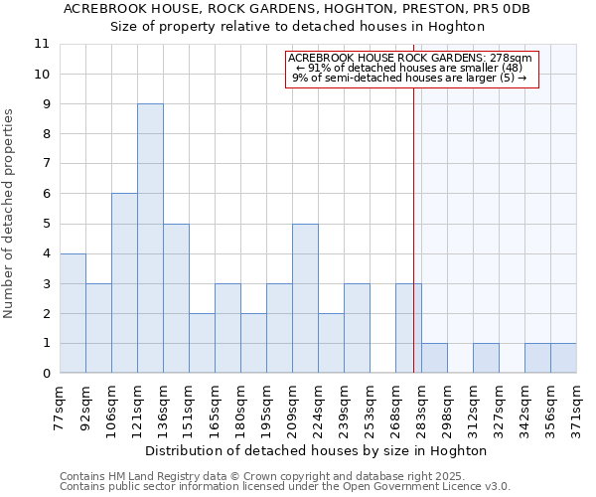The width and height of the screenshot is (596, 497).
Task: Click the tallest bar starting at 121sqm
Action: (x=150, y=239)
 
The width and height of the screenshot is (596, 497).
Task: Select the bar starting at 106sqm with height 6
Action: (x=124, y=283)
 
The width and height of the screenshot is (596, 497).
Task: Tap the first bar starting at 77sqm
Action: (x=73, y=313)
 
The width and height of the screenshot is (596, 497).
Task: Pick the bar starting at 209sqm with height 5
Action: (x=305, y=298)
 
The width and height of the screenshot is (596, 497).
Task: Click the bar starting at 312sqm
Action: (x=486, y=358)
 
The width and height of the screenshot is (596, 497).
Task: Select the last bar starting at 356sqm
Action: (x=563, y=358)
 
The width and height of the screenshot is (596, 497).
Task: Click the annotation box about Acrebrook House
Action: (x=412, y=69)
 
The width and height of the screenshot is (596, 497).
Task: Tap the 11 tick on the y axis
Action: (x=42, y=45)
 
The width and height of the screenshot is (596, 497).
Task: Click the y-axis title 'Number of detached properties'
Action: (x=10, y=214)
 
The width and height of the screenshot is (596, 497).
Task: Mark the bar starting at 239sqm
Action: (x=357, y=328)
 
